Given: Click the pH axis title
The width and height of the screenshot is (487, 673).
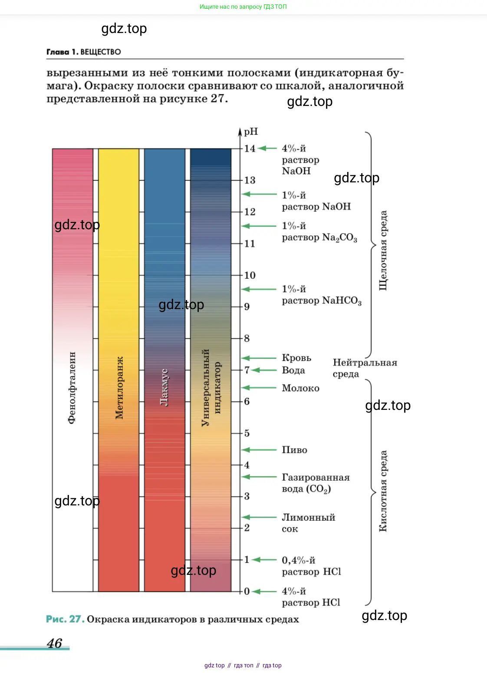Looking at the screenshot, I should pyautogui.click(x=251, y=132).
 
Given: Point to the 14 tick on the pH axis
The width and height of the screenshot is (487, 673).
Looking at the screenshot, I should pyautogui.click(x=250, y=148).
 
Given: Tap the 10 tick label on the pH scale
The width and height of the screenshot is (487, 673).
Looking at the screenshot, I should pyautogui.click(x=250, y=275).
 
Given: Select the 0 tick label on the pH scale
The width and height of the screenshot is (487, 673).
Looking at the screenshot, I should pyautogui.click(x=247, y=591).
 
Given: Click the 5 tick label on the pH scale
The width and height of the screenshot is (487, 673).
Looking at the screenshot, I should pyautogui.click(x=247, y=433).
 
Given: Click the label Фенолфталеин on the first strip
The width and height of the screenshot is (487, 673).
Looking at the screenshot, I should pyautogui.click(x=72, y=387).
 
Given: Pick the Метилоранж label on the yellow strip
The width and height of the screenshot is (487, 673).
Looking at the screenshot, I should pyautogui.click(x=119, y=388).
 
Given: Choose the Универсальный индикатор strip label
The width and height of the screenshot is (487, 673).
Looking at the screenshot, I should pyautogui.click(x=211, y=387).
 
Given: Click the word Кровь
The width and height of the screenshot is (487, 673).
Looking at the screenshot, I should pyautogui.click(x=296, y=358).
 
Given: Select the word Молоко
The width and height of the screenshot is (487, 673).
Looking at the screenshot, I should pyautogui.click(x=300, y=388).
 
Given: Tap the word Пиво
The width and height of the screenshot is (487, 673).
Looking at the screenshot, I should pyautogui.click(x=294, y=450).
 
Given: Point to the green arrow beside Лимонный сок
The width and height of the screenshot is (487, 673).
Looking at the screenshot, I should pyautogui.click(x=259, y=517).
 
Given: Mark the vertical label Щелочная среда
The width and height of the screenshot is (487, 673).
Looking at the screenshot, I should pyautogui.click(x=383, y=251).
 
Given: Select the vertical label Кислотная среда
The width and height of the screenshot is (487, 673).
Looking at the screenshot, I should pyautogui.click(x=383, y=491).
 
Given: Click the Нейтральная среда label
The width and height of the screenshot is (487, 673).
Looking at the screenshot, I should pyautogui.click(x=365, y=368).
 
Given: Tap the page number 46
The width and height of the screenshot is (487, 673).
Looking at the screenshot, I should pyautogui.click(x=55, y=643).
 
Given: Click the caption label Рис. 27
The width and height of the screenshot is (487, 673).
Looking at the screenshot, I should pyautogui.click(x=65, y=619).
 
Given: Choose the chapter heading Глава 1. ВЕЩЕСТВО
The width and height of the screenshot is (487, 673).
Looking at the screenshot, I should pyautogui.click(x=84, y=52).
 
